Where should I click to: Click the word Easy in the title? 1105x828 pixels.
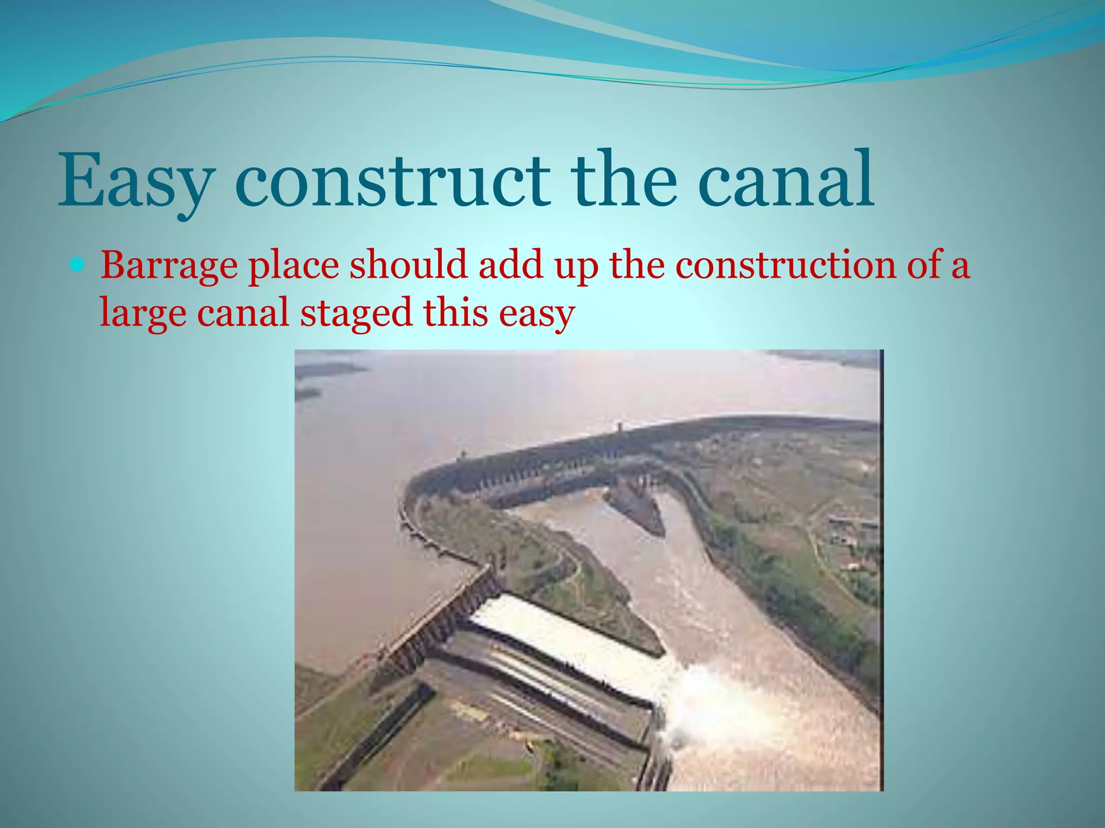pos(135,181)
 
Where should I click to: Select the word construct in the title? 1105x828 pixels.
pos(392,181)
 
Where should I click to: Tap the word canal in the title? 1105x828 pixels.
pos(785,181)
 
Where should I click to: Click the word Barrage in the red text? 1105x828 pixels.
pos(169,265)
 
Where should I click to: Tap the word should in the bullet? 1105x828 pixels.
pos(408,265)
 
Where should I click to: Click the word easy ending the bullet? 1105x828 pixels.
pos(536,313)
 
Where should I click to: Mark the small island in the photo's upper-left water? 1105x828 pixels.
pos(329,370)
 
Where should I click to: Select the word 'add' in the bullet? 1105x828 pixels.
pos(510,265)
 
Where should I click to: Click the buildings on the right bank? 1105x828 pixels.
pos(852,531)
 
